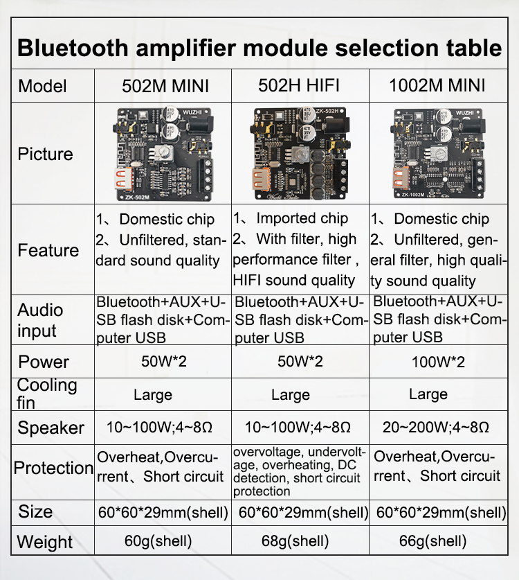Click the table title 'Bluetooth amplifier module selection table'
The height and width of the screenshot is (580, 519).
[x=259, y=48]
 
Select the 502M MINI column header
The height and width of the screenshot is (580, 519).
[x=165, y=86]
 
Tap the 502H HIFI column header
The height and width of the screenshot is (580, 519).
[x=298, y=85]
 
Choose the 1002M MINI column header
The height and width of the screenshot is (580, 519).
[x=437, y=85]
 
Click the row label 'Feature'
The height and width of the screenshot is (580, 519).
[x=48, y=250]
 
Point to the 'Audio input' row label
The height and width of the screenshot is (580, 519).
[x=40, y=320]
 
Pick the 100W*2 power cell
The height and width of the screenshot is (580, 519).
[x=438, y=362]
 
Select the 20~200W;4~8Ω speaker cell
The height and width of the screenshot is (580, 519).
[x=436, y=428]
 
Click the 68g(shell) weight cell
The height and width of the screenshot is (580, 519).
[x=295, y=541]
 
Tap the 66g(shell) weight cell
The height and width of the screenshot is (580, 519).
[x=432, y=541]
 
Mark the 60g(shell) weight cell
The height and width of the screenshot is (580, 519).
[x=158, y=541]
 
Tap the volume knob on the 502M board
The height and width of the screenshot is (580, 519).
[x=163, y=152]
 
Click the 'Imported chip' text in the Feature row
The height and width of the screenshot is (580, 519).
[x=302, y=218]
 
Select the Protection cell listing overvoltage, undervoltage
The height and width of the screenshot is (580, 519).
[x=299, y=472]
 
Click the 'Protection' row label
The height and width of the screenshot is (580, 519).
[x=53, y=468]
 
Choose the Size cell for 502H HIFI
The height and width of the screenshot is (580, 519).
[x=303, y=512]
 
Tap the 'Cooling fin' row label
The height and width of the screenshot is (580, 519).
[x=47, y=394]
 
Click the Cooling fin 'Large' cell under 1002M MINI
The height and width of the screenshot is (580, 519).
[x=428, y=394]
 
